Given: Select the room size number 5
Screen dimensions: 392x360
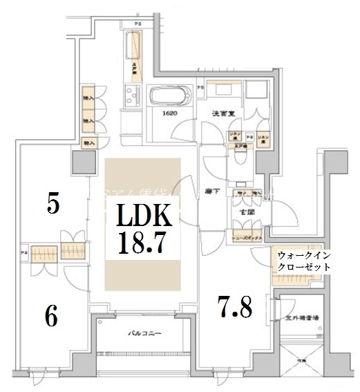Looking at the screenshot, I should pyautogui.click(x=53, y=204).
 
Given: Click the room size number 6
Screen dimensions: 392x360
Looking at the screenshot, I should pyautogui.click(x=51, y=317).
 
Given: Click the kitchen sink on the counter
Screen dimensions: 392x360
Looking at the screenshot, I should pyautogui.click(x=131, y=95).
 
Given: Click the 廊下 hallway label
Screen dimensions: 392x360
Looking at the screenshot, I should pyautogui.click(x=213, y=192).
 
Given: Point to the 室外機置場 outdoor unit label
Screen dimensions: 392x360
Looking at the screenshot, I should pyautogui.click(x=302, y=318).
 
